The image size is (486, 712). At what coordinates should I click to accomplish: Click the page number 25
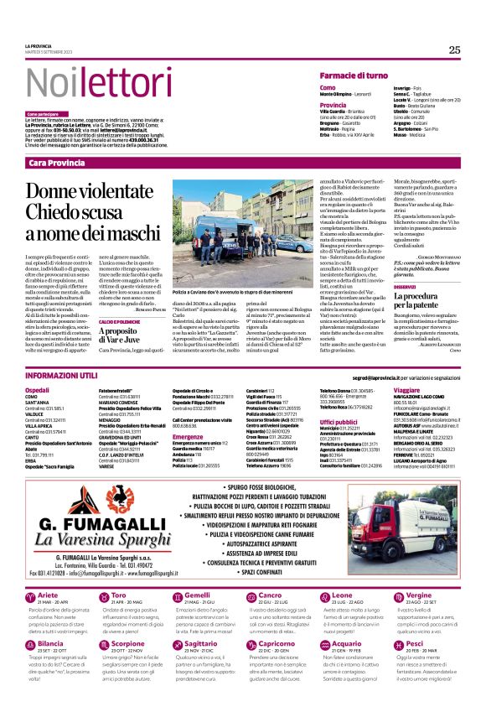[453, 50]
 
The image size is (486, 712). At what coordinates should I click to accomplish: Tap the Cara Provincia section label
[56, 162]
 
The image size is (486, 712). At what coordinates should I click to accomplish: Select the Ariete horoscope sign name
[49, 595]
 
